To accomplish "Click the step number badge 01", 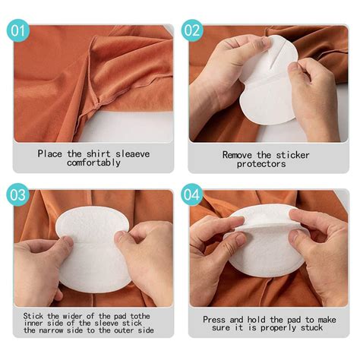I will pos(17,31).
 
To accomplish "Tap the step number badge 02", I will pos(193,31).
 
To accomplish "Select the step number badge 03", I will pos(17,194).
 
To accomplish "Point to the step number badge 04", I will pos(193,194).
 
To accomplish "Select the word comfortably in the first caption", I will pos(93,163).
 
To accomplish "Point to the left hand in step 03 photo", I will pos(42,262).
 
